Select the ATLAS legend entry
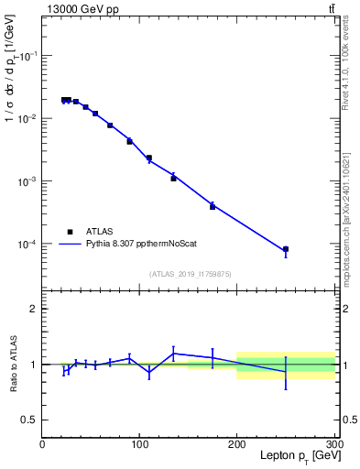pyautogui.click(x=100, y=232)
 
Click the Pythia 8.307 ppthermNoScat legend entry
pyautogui.click(x=136, y=245)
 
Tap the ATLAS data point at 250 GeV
pyautogui.click(x=286, y=249)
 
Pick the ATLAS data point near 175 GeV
pyautogui.click(x=213, y=206)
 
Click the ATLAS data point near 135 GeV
pyautogui.click(x=173, y=178)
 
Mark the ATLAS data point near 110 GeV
pyautogui.click(x=149, y=158)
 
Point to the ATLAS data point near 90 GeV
pyautogui.click(x=129, y=141)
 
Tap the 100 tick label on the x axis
pyautogui.click(x=139, y=444)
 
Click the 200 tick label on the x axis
pyautogui.click(x=236, y=444)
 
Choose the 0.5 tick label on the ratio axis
pyautogui.click(x=28, y=420)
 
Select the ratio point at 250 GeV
pyautogui.click(x=286, y=371)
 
